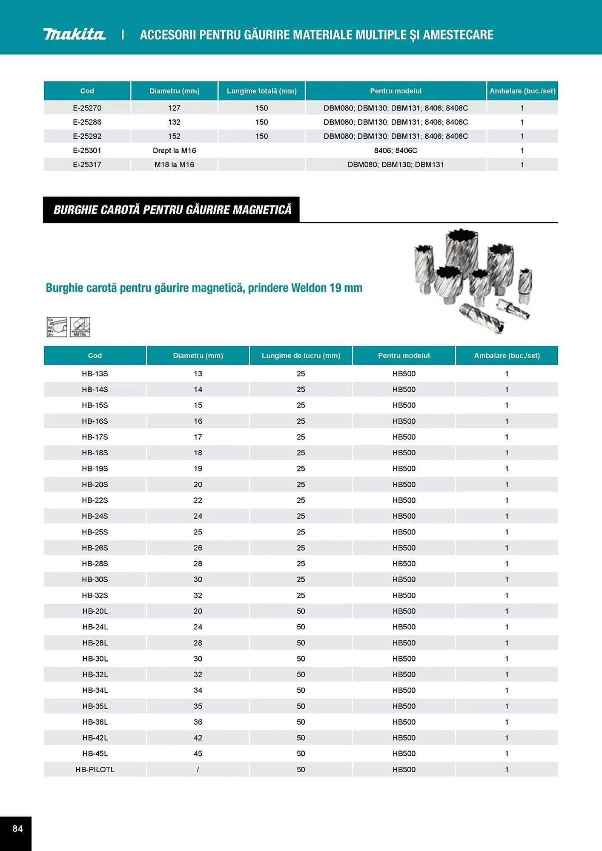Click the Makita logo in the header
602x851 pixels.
click(x=74, y=34)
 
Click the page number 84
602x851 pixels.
click(x=17, y=828)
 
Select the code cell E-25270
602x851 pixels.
click(x=87, y=108)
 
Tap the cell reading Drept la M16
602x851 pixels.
click(x=174, y=151)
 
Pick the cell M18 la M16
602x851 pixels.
click(x=174, y=165)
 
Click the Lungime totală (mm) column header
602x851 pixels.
click(x=261, y=91)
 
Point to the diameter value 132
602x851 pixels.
click(x=174, y=122)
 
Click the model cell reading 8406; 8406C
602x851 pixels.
click(x=396, y=151)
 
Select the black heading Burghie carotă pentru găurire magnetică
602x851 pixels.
click(x=172, y=210)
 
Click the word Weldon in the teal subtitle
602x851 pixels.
click(x=309, y=288)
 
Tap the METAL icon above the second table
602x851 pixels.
click(x=80, y=327)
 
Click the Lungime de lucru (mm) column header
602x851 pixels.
click(x=301, y=356)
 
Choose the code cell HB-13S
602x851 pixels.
click(x=95, y=374)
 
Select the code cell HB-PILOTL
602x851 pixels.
click(x=95, y=769)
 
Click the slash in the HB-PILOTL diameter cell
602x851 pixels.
click(x=198, y=769)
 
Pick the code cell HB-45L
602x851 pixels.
click(x=95, y=754)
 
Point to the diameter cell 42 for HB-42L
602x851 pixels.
click(x=198, y=738)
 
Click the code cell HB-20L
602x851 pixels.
click(x=95, y=611)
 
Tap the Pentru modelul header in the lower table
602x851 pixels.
click(x=404, y=356)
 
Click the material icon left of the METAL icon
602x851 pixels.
click(x=57, y=327)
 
